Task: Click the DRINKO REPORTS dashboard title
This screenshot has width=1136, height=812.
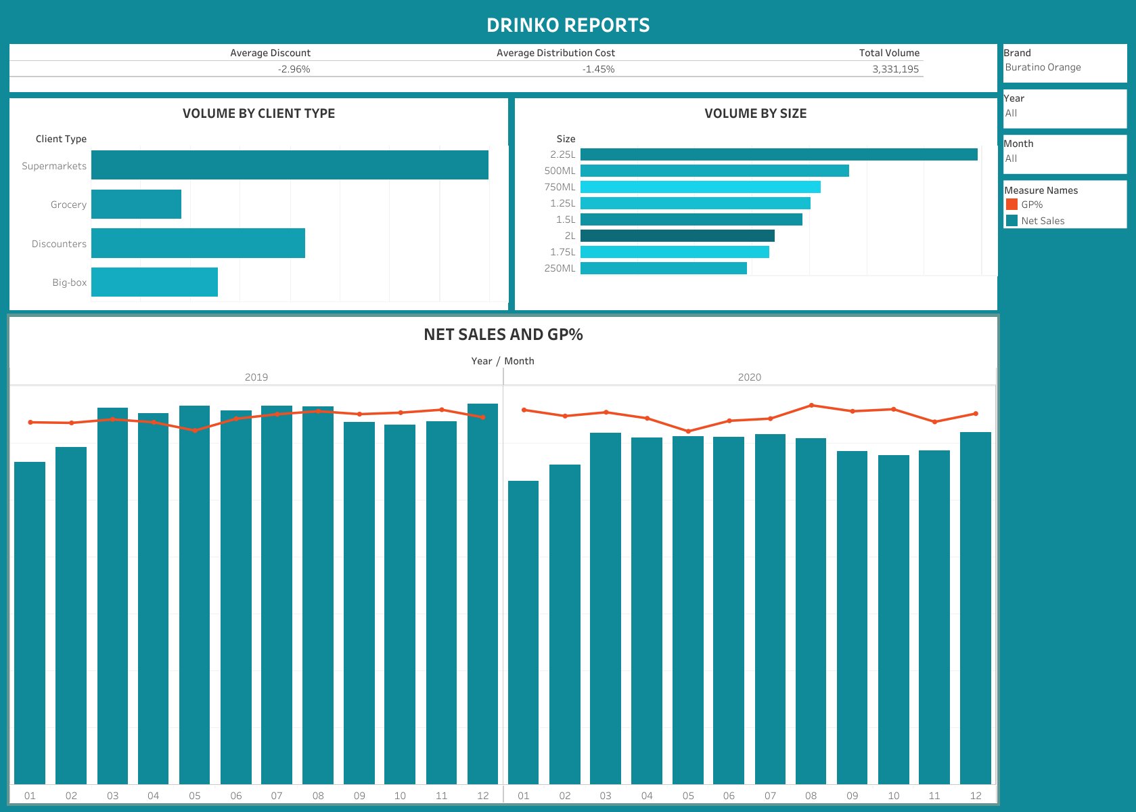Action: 568,25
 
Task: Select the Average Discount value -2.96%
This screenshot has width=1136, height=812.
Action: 294,69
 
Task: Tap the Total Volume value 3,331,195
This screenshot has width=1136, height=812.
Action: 895,69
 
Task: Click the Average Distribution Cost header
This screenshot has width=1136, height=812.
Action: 555,53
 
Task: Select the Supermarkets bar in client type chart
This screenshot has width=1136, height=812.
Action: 290,165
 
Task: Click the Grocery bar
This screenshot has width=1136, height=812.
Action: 136,205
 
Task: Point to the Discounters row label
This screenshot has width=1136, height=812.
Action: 59,244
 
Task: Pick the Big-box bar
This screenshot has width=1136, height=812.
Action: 154,282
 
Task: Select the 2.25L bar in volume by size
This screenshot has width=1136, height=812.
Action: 778,154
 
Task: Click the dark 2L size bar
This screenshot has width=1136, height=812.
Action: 677,236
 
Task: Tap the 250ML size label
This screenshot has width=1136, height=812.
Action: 560,268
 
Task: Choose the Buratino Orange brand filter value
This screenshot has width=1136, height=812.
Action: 1043,67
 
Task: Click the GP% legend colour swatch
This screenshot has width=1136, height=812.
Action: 1012,205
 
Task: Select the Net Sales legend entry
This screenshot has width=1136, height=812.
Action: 1042,221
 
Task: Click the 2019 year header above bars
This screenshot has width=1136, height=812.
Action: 256,377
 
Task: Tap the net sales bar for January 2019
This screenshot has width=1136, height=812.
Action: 30,623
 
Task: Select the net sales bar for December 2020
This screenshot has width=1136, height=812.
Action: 975,610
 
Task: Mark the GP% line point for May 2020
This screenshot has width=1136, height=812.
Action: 688,431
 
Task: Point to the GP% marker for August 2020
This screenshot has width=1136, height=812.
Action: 811,406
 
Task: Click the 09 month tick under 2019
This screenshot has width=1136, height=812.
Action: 359,796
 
